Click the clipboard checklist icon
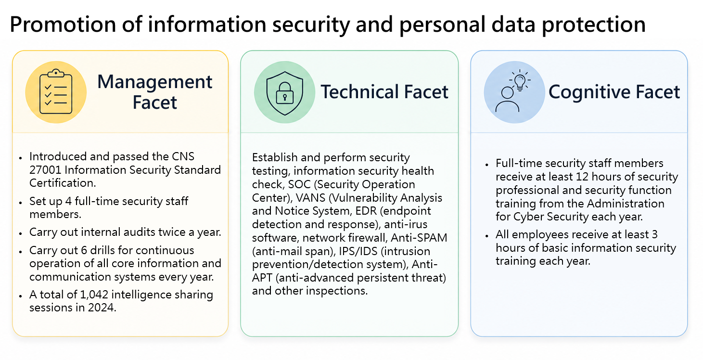click(56, 91)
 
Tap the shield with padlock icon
click(285, 93)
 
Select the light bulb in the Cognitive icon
click(520, 81)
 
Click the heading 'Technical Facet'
click(384, 91)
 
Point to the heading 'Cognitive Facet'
click(614, 92)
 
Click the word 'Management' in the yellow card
click(155, 82)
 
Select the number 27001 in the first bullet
click(45, 170)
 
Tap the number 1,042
click(94, 295)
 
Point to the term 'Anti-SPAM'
click(419, 238)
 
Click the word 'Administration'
click(626, 204)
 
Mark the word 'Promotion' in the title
click(63, 25)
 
